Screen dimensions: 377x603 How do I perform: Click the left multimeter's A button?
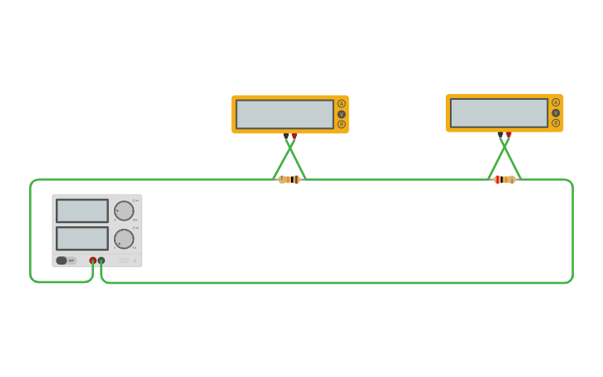pos(341,103)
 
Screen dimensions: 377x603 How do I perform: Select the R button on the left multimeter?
pos(341,124)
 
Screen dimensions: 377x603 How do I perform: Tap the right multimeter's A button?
pos(556,102)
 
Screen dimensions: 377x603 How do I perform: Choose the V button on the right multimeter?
pos(556,112)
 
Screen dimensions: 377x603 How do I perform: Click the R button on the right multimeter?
pos(556,123)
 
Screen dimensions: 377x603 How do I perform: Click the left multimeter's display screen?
pos(284,114)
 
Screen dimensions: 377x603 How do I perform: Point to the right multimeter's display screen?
pos(499,113)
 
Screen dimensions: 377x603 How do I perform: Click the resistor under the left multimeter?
pos(289,179)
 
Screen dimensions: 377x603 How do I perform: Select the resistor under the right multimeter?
pos(504,179)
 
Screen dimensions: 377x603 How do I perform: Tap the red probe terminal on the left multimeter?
pos(294,136)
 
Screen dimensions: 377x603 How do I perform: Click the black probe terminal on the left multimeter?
pos(285,136)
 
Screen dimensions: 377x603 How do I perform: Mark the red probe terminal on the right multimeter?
pos(508,134)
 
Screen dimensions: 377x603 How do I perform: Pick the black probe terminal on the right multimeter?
pos(500,134)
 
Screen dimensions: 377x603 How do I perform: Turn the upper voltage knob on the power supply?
pos(124,211)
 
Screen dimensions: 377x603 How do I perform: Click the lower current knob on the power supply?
pos(124,239)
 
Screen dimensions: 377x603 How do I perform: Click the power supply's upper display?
pos(82,211)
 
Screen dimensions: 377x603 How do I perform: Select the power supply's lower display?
pos(82,239)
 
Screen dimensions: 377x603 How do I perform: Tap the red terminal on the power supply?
pos(92,260)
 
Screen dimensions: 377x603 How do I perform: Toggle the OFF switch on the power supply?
pos(62,260)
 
